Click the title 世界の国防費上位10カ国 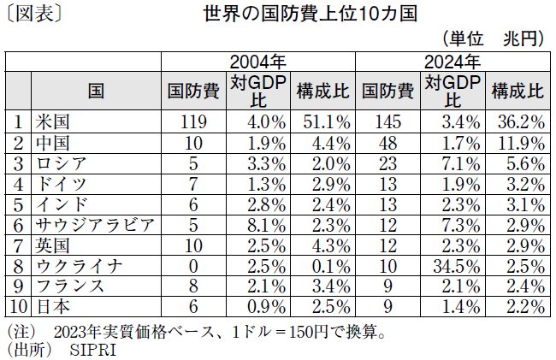pos(309,15)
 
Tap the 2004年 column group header pos(258,62)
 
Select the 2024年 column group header pos(452,62)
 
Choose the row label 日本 pos(50,307)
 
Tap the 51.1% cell pos(325,121)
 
